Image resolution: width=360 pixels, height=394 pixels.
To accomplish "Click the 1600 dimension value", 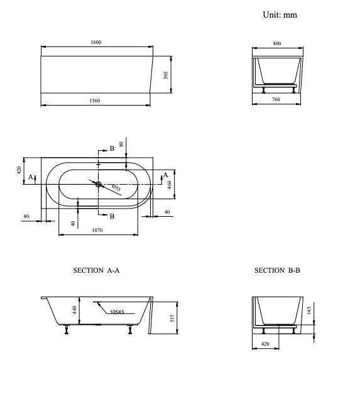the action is coord(96,42).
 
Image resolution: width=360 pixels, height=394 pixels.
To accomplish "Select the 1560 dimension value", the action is coord(95,101).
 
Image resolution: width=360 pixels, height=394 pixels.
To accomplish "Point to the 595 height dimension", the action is coord(166,75).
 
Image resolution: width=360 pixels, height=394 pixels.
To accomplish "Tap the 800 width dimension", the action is coord(277,43).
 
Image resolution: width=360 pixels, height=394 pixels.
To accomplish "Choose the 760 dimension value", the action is coord(276,99).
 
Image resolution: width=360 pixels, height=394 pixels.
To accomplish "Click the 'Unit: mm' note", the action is coord(280,14).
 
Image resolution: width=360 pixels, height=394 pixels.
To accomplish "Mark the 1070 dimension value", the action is coord(97,230).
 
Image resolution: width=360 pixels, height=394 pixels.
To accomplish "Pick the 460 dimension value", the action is coord(170,185).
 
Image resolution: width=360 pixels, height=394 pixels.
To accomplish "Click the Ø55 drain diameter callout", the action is coord(116,188).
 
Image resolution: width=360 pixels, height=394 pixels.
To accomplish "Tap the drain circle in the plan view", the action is coord(98,184).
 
